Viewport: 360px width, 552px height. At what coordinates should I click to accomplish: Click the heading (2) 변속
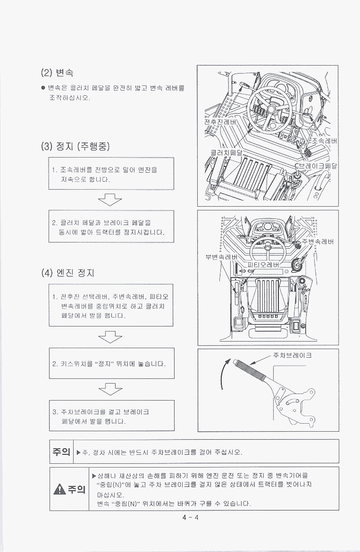(57, 73)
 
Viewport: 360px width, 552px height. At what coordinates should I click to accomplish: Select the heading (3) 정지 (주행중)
(75, 146)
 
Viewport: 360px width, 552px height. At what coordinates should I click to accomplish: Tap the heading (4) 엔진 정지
(67, 273)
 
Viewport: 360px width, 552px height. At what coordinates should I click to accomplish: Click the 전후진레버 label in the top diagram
(220, 122)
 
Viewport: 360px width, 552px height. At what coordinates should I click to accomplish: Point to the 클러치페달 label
(226, 152)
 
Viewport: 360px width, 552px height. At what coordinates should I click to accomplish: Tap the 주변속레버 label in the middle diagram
(318, 242)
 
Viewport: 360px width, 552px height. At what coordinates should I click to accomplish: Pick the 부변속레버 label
(221, 257)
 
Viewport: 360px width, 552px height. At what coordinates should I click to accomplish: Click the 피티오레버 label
(264, 265)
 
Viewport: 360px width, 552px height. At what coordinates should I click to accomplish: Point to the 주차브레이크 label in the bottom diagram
(292, 355)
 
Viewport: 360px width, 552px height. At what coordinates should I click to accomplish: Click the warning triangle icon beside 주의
(60, 489)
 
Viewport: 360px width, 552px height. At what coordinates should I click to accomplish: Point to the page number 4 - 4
(191, 517)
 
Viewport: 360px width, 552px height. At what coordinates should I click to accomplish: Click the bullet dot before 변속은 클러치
(43, 88)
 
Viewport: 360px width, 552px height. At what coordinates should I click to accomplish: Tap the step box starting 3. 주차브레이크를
(111, 415)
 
